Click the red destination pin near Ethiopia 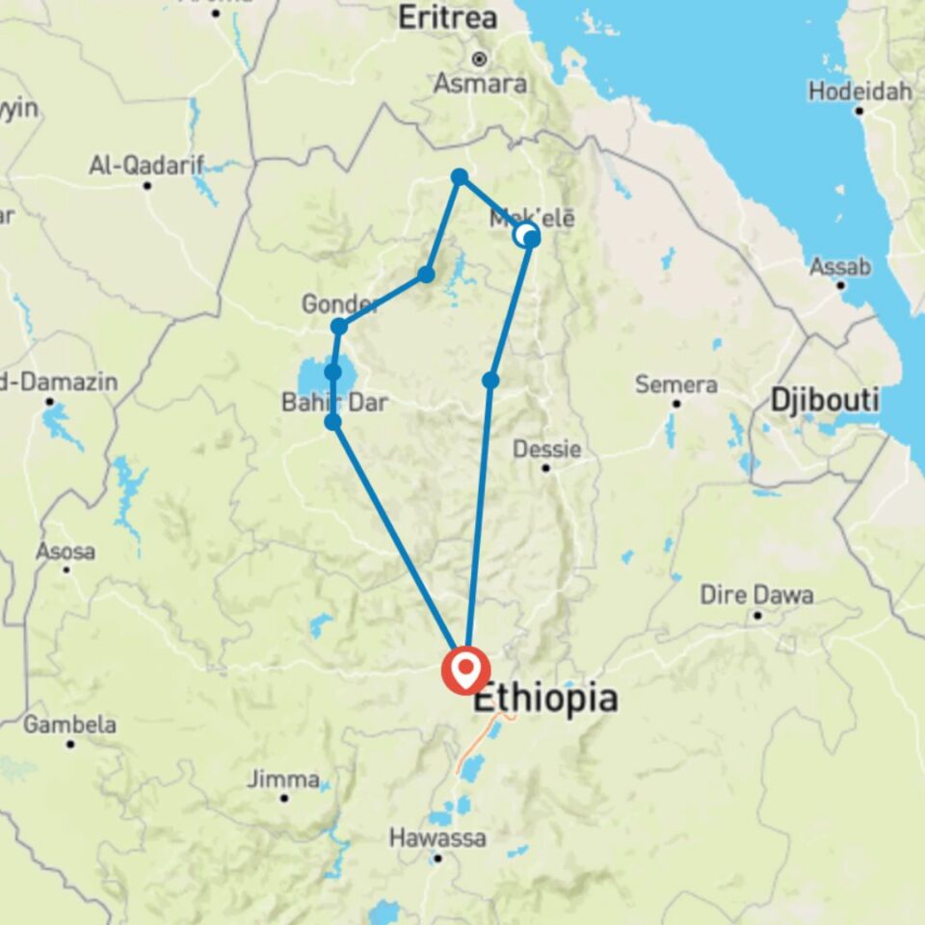click(x=465, y=670)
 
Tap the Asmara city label click(x=480, y=83)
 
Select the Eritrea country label click(x=448, y=17)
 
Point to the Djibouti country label click(x=824, y=399)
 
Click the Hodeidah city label click(x=858, y=92)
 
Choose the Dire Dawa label click(x=757, y=595)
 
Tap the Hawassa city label click(x=437, y=838)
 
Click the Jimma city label click(x=283, y=779)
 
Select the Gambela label click(x=69, y=725)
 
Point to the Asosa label click(x=66, y=552)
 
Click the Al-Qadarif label click(x=146, y=166)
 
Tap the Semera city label click(x=676, y=384)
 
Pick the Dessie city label click(x=546, y=449)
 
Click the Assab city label click(x=840, y=267)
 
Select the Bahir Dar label click(x=334, y=402)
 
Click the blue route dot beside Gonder click(x=338, y=327)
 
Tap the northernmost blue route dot click(x=460, y=176)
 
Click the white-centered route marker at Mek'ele click(x=525, y=235)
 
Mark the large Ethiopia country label click(x=544, y=699)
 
